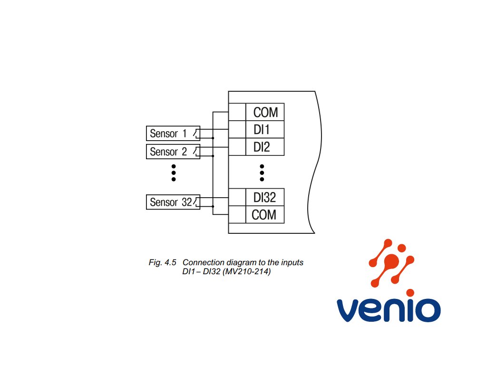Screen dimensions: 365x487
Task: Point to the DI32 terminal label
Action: (x=264, y=197)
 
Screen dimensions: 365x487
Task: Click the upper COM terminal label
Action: (x=265, y=113)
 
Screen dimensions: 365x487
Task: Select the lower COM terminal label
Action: (x=264, y=215)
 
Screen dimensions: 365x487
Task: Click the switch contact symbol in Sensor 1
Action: (x=196, y=134)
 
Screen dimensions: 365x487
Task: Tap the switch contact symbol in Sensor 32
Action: (x=196, y=202)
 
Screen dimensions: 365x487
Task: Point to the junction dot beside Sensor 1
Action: (x=213, y=138)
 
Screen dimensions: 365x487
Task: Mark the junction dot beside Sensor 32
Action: (x=213, y=206)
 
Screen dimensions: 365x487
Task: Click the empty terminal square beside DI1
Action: (x=237, y=130)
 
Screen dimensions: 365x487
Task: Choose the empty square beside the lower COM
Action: (x=237, y=215)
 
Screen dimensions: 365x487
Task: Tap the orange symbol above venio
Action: (x=391, y=264)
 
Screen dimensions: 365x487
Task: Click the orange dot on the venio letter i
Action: (x=410, y=293)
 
